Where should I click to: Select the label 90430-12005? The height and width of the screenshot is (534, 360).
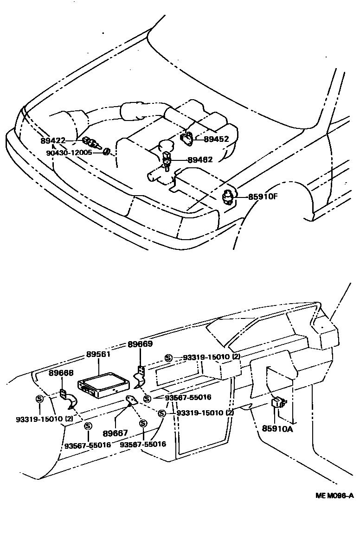[71, 152]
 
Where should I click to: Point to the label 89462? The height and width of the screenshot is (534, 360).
[200, 160]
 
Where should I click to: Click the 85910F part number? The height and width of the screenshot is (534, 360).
[262, 197]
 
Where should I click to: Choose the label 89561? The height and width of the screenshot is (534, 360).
[98, 354]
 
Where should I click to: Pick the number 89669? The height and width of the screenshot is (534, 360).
[140, 344]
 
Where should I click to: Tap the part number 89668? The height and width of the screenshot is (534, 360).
[61, 373]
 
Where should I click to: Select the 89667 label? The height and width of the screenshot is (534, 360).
[115, 433]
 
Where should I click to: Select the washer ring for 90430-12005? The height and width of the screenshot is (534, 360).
[106, 152]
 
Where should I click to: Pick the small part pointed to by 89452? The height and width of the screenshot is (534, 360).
[187, 138]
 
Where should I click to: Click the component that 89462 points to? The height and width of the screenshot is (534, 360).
[167, 160]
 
